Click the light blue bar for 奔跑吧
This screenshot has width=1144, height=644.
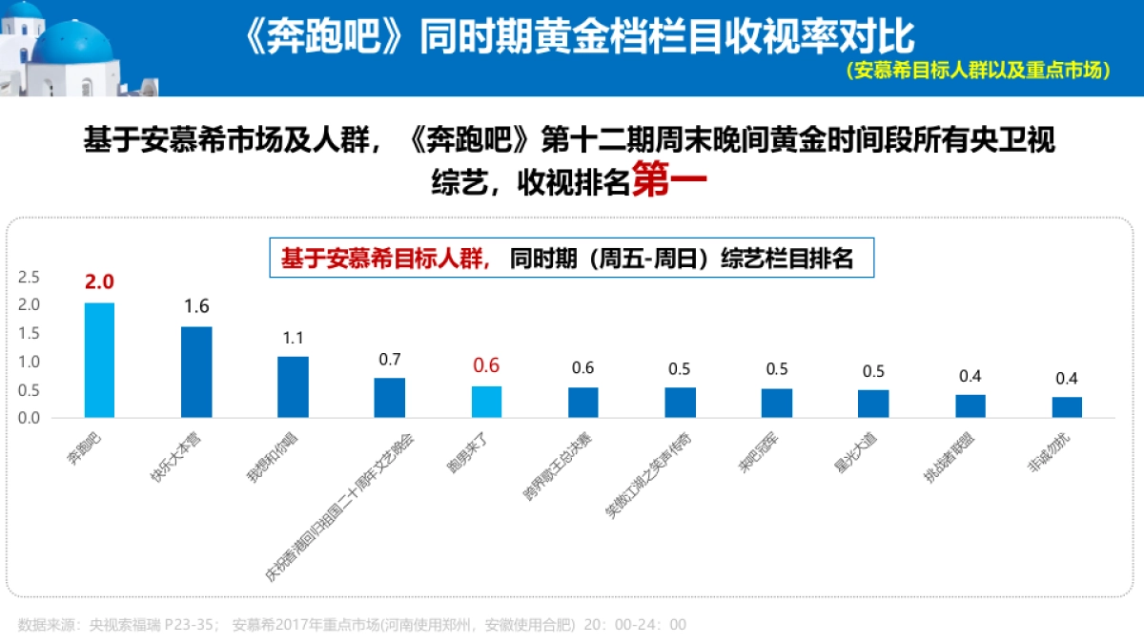click(99, 360)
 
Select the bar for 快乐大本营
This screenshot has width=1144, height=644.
click(196, 372)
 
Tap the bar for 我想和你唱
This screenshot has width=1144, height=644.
click(293, 386)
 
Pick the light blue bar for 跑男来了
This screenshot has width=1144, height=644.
click(486, 402)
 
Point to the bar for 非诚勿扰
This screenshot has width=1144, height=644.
click(1067, 407)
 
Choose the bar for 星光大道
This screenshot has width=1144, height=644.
click(873, 404)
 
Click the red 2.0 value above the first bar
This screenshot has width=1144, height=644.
click(99, 282)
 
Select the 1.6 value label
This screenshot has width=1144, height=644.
click(196, 306)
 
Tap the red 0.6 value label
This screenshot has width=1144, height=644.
click(486, 365)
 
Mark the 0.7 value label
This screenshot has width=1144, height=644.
click(389, 359)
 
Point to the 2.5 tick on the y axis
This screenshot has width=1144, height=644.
click(29, 278)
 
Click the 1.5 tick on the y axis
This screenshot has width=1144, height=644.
click(29, 333)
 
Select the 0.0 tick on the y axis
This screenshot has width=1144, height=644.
click(29, 418)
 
